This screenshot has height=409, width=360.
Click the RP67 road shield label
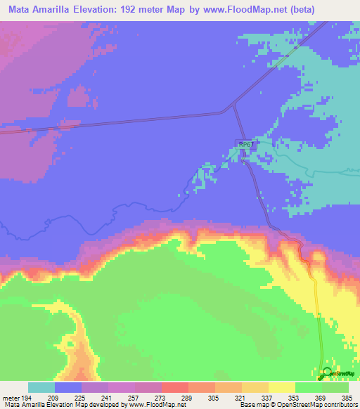pos(245,144)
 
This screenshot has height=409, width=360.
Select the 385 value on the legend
pos(347,397)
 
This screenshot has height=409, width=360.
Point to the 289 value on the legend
pos(188,397)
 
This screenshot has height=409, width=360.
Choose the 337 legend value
pos(266,397)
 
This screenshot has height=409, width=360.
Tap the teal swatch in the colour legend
pos(41,387)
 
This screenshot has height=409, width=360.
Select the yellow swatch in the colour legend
pos(281,387)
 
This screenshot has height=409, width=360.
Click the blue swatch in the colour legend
pos(68,387)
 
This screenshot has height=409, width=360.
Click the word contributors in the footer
pos(339,405)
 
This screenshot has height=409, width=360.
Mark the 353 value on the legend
pos(294,397)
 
